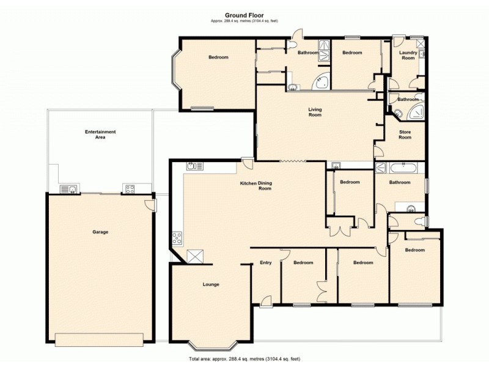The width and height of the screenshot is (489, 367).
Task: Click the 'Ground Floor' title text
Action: [x=244, y=16]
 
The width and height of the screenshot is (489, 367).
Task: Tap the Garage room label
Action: [x=100, y=232]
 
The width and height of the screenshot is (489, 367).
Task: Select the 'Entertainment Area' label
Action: [x=100, y=135]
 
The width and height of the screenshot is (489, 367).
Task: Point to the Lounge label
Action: [x=211, y=284]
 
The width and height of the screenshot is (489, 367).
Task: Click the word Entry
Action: [x=265, y=263]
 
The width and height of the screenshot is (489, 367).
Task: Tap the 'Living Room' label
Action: [x=315, y=113]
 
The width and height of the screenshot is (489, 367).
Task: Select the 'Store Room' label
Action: [x=405, y=135]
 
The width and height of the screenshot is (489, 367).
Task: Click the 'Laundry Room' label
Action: [x=408, y=55]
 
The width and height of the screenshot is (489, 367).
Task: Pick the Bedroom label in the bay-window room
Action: [x=218, y=57]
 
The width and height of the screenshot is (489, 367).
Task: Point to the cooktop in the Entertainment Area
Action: [x=129, y=188]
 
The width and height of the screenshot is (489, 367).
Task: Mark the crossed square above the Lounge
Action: [x=196, y=256]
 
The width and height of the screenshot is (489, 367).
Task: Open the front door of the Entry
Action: [x=266, y=300]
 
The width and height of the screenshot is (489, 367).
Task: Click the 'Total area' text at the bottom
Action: [x=244, y=358]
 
